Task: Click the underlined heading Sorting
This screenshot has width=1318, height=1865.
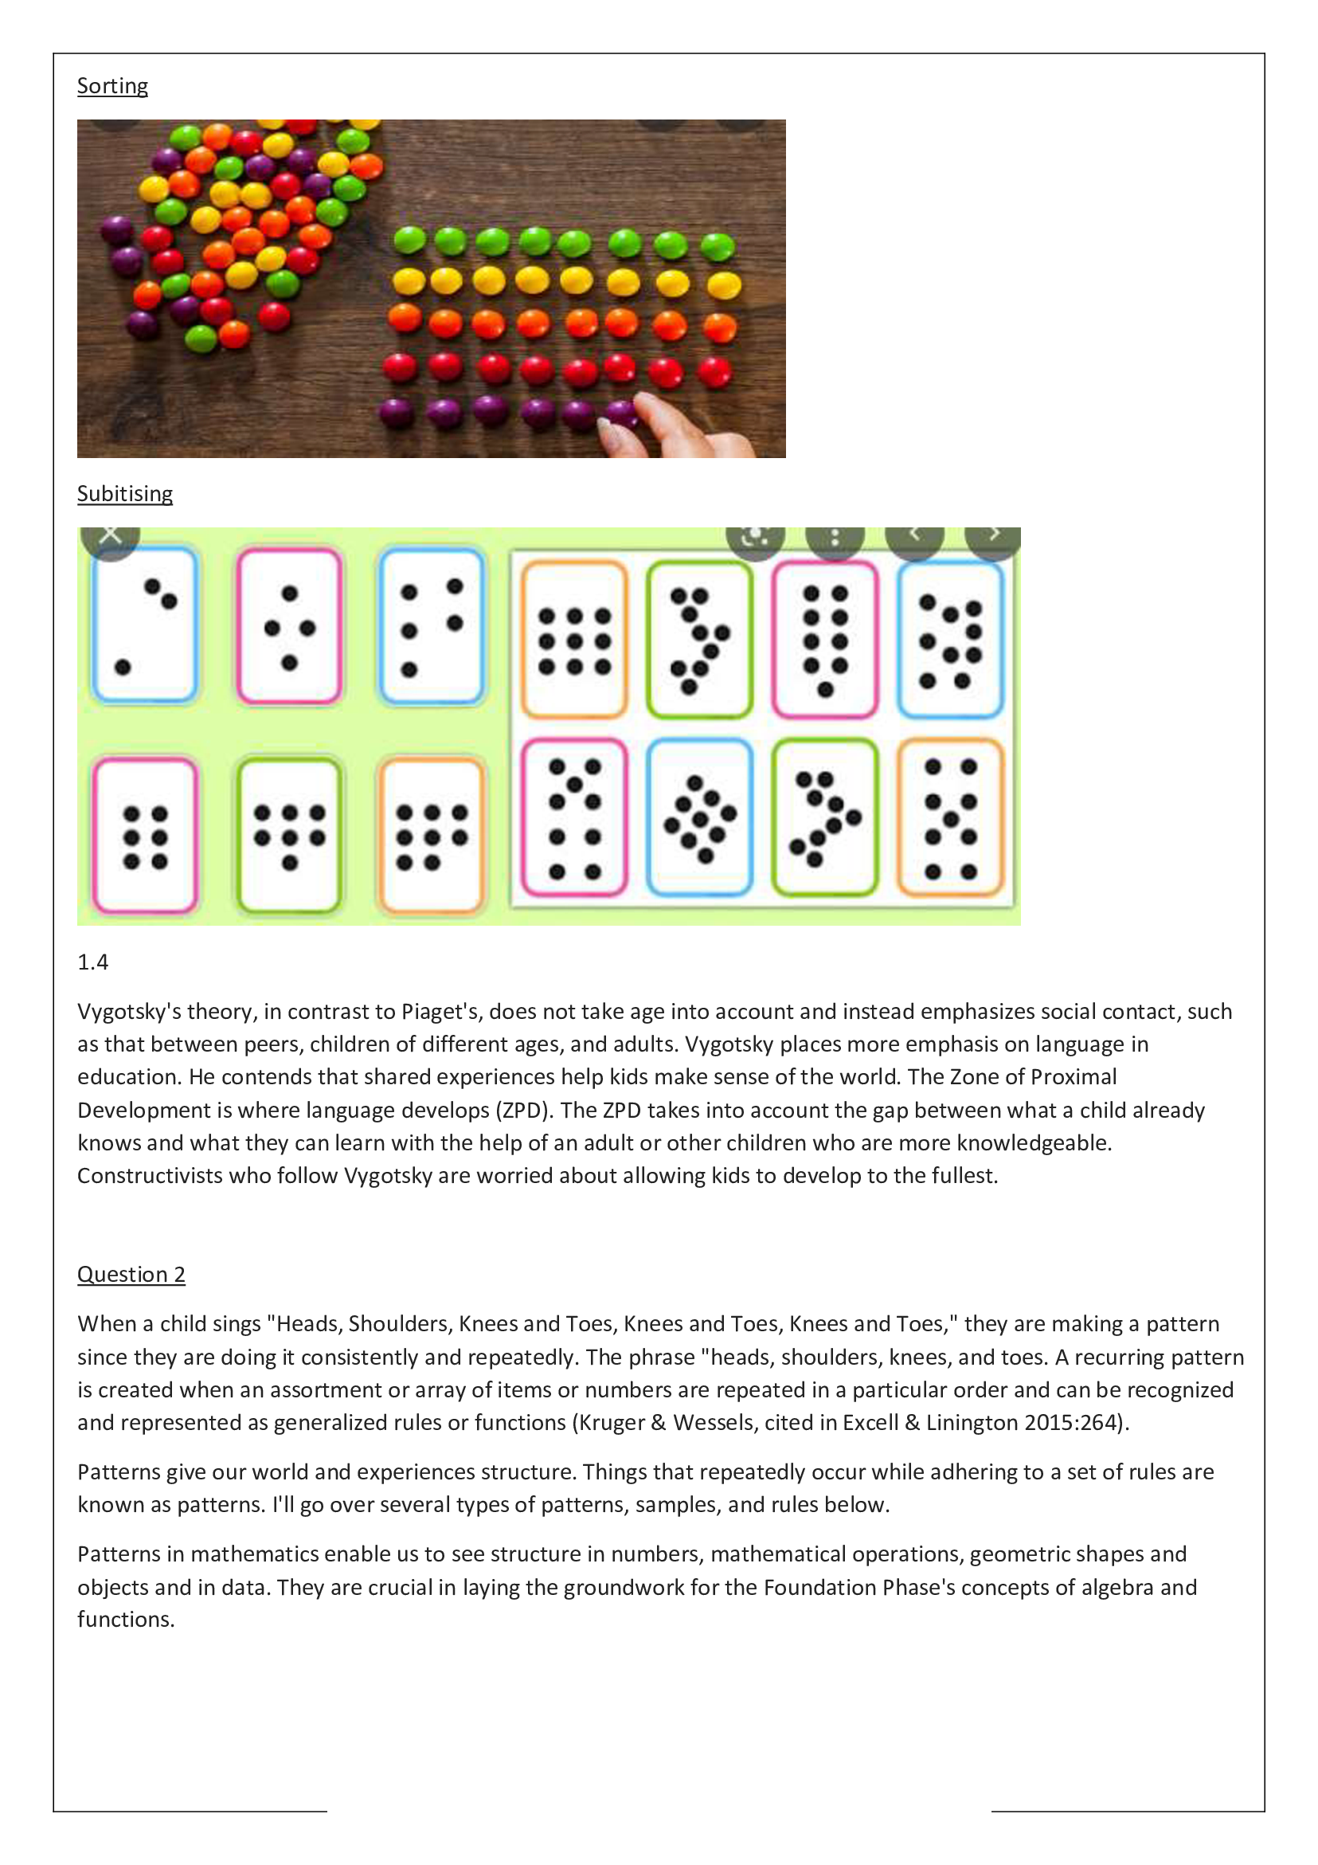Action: click(112, 86)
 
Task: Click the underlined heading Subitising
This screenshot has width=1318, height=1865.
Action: click(124, 494)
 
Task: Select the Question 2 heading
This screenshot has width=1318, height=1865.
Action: click(131, 1274)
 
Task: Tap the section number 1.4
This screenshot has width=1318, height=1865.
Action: click(92, 962)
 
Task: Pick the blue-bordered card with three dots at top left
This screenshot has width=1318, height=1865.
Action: click(145, 624)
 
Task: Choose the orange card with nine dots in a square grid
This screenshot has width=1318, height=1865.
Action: click(574, 640)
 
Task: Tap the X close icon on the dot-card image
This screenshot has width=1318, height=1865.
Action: click(111, 536)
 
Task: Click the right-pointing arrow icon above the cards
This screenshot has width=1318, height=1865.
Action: click(992, 536)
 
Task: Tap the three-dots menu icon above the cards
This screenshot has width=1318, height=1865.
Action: click(834, 538)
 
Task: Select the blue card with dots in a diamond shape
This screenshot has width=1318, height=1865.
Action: click(699, 817)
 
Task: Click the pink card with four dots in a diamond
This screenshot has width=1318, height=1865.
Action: click(289, 625)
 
